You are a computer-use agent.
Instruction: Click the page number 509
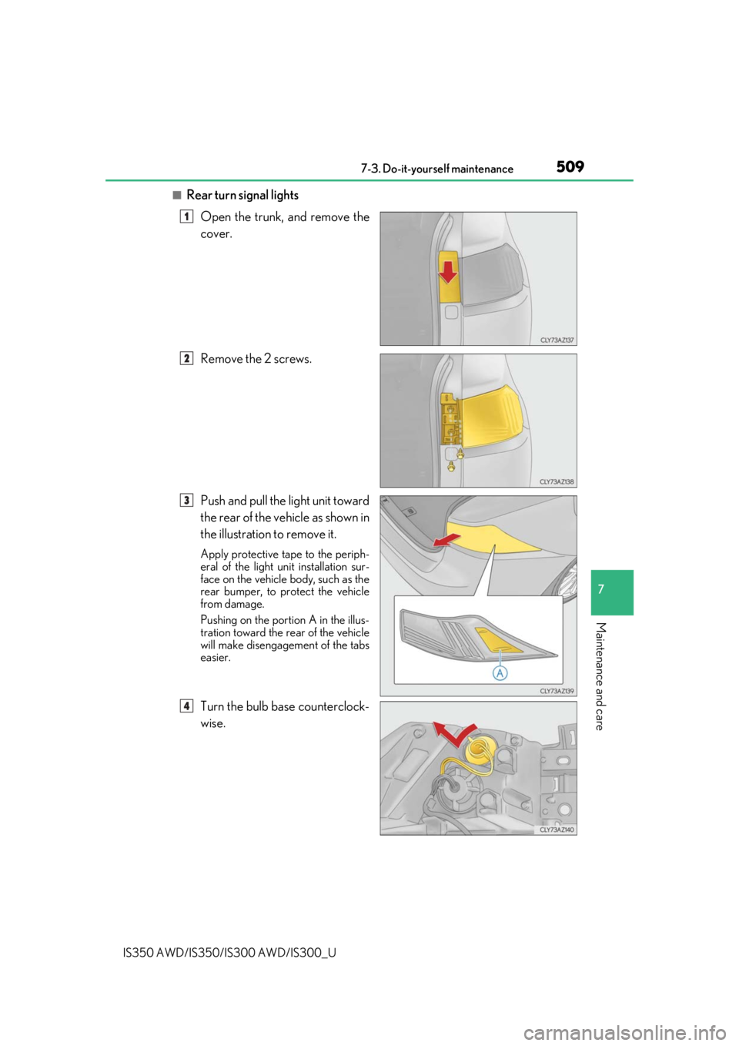pyautogui.click(x=570, y=166)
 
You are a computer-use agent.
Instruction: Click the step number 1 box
pyautogui.click(x=186, y=216)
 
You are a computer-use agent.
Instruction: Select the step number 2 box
pyautogui.click(x=186, y=358)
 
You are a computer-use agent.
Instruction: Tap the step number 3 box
pyautogui.click(x=186, y=500)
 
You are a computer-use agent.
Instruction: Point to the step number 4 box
pyautogui.click(x=186, y=706)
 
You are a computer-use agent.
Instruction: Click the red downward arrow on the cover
pyautogui.click(x=448, y=272)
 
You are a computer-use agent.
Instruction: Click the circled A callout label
pyautogui.click(x=500, y=673)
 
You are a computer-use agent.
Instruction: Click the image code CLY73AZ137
pyautogui.click(x=557, y=340)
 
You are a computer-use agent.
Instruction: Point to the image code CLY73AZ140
pyautogui.click(x=557, y=830)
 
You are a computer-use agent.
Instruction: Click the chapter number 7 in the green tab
pyautogui.click(x=600, y=588)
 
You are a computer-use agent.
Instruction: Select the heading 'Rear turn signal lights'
pyautogui.click(x=242, y=195)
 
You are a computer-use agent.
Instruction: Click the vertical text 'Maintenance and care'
pyautogui.click(x=600, y=676)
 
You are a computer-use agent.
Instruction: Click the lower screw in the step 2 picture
pyautogui.click(x=451, y=466)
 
